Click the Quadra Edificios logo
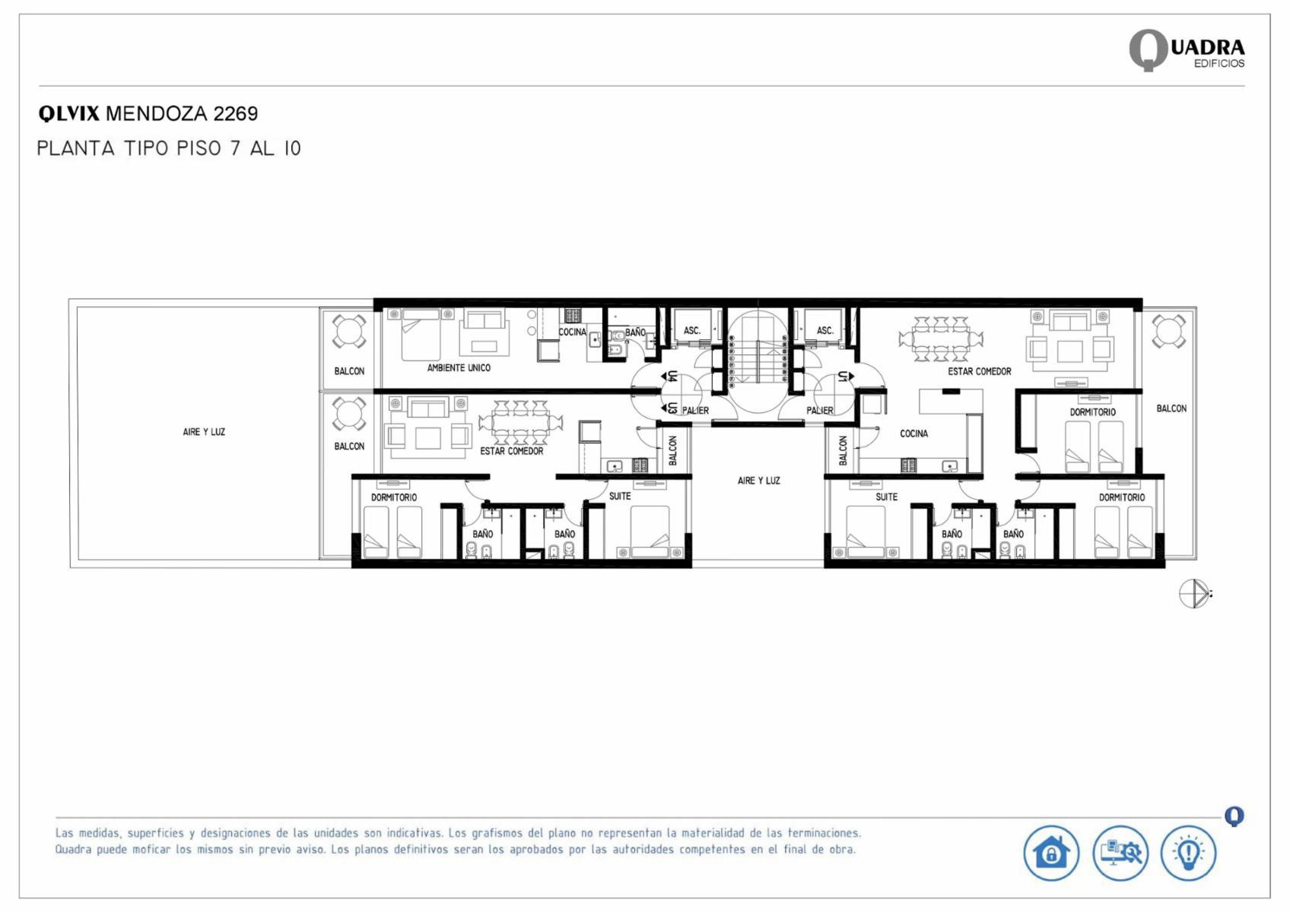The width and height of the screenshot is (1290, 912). [1187, 50]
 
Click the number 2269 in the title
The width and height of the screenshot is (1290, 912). [236, 114]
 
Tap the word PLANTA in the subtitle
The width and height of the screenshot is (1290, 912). [75, 148]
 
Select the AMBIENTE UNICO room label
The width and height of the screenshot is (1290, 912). [459, 368]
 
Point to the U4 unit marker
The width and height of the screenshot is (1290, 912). [670, 376]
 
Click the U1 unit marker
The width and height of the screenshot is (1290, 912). [844, 376]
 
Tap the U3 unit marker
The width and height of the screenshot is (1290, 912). [670, 408]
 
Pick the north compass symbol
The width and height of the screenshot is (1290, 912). [1194, 593]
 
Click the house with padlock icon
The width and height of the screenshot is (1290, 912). [1051, 853]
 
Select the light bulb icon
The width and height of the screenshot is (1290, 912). [1188, 853]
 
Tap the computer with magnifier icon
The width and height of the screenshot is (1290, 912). [1120, 853]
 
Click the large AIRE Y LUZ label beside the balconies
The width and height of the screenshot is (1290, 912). [204, 432]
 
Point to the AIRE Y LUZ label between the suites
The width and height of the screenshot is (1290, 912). [758, 481]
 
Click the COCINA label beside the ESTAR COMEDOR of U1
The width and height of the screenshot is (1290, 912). [914, 434]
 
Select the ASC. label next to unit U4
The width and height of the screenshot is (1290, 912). [691, 330]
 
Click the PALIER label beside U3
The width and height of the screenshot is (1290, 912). [695, 411]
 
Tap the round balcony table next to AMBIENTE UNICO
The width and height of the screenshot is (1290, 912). [348, 331]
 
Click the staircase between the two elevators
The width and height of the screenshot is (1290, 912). [758, 361]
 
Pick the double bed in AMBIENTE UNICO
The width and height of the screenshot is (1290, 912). [421, 334]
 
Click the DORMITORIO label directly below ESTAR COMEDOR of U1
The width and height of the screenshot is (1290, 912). [1092, 412]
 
